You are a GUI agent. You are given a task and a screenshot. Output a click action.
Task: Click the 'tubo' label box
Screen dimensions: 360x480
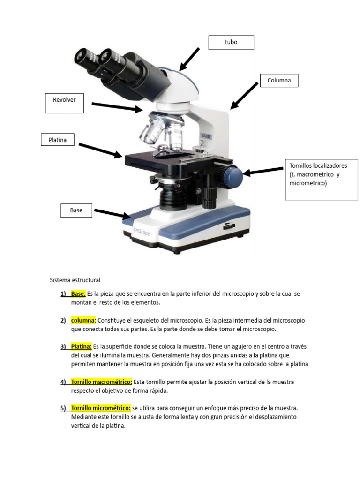tap(231, 43)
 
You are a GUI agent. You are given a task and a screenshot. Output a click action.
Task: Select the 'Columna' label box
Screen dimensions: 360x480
tap(279, 81)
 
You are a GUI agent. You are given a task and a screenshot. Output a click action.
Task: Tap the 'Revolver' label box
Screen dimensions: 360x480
tap(64, 103)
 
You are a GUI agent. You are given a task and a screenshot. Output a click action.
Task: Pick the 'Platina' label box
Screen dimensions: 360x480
tap(58, 140)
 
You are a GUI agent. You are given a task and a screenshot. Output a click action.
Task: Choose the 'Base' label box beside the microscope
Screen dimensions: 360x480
tap(76, 210)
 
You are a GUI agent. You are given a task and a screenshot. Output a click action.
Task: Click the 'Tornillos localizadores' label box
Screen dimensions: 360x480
tap(322, 180)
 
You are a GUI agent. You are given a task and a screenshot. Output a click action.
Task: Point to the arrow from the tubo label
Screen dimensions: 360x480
tap(189, 59)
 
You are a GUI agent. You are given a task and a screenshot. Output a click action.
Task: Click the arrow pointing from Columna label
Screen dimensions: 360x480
tap(244, 96)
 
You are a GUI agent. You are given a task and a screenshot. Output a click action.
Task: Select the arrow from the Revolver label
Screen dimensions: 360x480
tap(117, 107)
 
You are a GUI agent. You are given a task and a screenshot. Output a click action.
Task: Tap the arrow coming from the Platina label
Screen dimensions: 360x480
tap(101, 150)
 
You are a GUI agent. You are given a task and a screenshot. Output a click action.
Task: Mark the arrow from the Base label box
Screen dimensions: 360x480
tap(112, 214)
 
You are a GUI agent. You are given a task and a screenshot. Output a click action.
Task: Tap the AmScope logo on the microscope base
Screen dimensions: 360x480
tap(142, 232)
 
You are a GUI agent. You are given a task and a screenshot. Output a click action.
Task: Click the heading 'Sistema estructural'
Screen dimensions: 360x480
tap(75, 280)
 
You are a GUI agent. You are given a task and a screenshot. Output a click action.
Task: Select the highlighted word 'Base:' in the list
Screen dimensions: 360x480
tap(78, 293)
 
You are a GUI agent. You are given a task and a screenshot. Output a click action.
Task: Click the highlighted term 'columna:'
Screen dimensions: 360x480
tap(83, 320)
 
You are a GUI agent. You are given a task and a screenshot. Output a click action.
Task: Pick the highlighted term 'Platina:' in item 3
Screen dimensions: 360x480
tap(82, 346)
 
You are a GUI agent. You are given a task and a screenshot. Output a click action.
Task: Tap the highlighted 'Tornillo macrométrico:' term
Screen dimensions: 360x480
tap(102, 382)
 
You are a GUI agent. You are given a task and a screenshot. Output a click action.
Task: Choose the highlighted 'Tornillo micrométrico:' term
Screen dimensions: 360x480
tap(101, 408)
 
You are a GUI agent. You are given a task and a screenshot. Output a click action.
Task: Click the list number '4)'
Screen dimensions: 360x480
tap(63, 382)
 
